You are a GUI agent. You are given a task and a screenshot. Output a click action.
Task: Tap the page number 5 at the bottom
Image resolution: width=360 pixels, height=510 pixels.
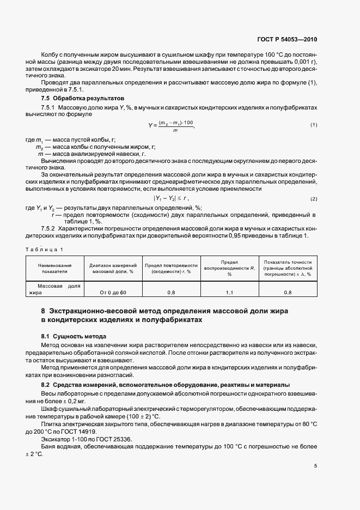315,466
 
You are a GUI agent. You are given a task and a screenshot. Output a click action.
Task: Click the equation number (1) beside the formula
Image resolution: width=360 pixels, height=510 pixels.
314,125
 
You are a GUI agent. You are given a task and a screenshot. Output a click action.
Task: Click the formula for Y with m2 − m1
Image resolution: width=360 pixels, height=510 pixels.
170,125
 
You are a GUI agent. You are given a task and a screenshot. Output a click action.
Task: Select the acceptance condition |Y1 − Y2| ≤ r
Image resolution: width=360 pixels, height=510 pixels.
170,198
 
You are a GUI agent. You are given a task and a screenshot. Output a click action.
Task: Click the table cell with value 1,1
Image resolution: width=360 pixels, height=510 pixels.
229,293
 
